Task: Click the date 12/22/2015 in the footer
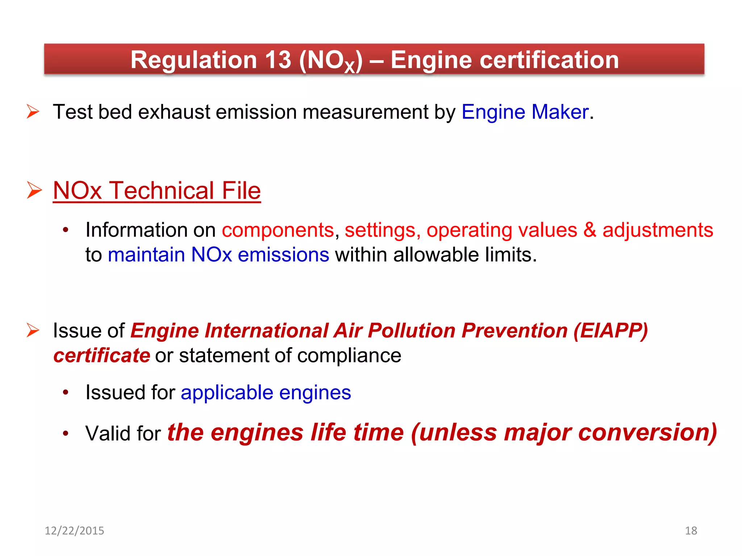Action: pyautogui.click(x=74, y=531)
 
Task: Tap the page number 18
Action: pyautogui.click(x=691, y=531)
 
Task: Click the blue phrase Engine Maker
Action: pyautogui.click(x=525, y=112)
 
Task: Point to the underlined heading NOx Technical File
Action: pyautogui.click(x=157, y=190)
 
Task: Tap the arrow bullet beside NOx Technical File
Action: pyautogui.click(x=34, y=190)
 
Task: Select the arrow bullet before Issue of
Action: pyautogui.click(x=33, y=330)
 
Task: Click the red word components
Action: pyautogui.click(x=278, y=230)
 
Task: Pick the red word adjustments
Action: pyautogui.click(x=658, y=230)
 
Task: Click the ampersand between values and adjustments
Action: pyautogui.click(x=589, y=230)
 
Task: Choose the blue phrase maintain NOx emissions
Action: pyautogui.click(x=218, y=255)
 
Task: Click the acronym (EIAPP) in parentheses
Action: pyautogui.click(x=611, y=331)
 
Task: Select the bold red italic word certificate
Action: pyautogui.click(x=102, y=355)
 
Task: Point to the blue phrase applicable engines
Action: pyautogui.click(x=266, y=393)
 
